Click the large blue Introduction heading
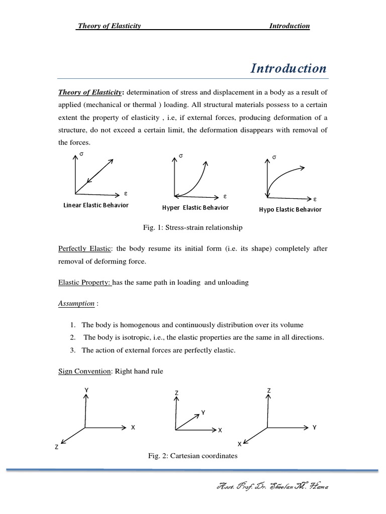288,68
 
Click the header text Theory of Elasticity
109,26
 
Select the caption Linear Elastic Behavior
95,205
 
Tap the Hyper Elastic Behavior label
195,207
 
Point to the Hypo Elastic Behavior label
290,209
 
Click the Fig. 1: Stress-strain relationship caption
192,227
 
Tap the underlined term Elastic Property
84,282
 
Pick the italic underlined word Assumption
76,303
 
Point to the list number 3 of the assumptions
73,350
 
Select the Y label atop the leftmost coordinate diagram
86,390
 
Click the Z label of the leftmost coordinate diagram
57,447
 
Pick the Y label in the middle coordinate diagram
203,412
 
